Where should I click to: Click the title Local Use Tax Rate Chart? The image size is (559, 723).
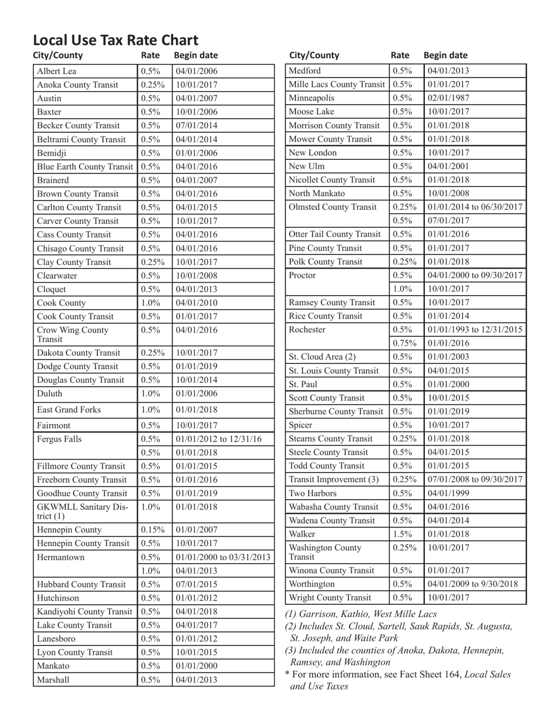pyautogui.click(x=115, y=41)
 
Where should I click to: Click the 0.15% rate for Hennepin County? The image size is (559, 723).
pyautogui.click(x=151, y=530)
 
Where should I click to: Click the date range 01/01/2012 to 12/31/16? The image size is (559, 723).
pyautogui.click(x=219, y=439)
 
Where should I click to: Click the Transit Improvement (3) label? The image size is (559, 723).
pyautogui.click(x=334, y=479)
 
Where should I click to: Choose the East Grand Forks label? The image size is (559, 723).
pyautogui.click(x=69, y=410)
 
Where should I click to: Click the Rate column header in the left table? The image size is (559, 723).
pyautogui.click(x=150, y=56)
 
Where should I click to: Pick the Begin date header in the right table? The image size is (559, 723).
pyautogui.click(x=445, y=56)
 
